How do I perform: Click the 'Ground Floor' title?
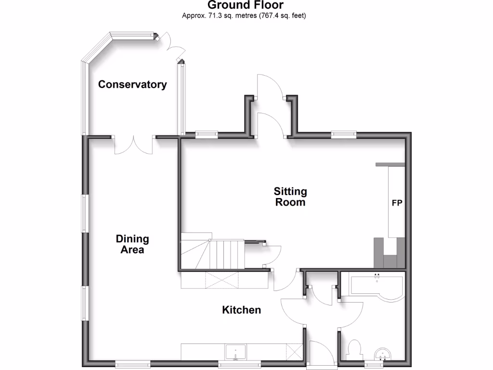[246, 5]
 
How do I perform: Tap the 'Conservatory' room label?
[132, 85]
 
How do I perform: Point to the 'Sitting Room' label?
[290, 197]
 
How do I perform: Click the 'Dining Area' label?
[132, 244]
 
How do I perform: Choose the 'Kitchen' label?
[241, 310]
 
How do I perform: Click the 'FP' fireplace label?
[397, 203]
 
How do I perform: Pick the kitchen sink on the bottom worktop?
[235, 352]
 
